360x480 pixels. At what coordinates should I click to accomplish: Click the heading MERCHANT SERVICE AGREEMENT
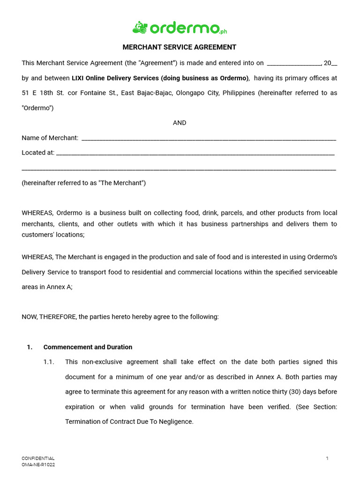click(180, 47)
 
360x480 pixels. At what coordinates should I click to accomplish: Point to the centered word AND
click(180, 123)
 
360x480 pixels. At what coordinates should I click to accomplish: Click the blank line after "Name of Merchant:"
click(209, 139)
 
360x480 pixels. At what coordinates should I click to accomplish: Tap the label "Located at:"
click(37, 153)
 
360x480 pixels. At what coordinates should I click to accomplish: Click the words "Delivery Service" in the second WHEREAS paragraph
click(45, 272)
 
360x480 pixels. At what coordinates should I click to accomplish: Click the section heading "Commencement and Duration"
click(88, 347)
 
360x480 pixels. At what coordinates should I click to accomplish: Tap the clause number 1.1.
click(49, 362)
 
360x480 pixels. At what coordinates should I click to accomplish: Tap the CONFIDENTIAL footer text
click(38, 458)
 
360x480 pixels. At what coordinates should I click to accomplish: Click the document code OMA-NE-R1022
click(38, 465)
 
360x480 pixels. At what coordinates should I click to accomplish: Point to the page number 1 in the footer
click(327, 458)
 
